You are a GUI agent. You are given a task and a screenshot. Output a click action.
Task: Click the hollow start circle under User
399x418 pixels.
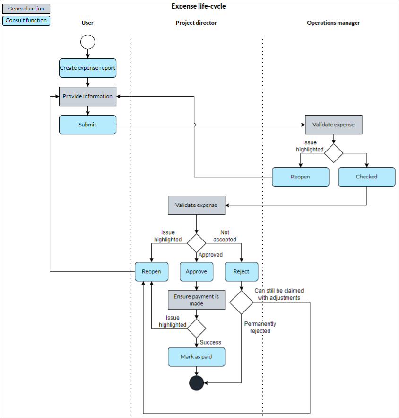point(87,42)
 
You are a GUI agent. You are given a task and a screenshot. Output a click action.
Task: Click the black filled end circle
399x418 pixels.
point(196,382)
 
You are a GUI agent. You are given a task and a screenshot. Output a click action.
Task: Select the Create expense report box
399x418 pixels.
point(87,68)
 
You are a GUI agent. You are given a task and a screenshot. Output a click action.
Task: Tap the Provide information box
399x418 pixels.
point(87,96)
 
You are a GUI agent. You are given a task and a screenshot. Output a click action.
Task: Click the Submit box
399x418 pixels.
point(87,125)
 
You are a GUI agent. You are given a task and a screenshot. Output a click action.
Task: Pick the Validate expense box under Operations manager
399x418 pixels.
point(333,125)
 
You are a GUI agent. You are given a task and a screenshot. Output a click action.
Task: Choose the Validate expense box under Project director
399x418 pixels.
point(196,205)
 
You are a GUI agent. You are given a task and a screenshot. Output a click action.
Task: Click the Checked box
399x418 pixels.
point(366,177)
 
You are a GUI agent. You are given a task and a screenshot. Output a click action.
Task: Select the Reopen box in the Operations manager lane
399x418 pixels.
point(300,177)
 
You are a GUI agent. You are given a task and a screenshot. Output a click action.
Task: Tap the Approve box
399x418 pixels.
point(196,271)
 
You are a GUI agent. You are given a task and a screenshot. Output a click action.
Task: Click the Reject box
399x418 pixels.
point(241,271)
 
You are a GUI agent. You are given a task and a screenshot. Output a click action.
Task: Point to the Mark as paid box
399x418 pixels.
point(196,356)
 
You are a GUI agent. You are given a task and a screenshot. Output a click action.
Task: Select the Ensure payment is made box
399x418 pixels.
point(196,300)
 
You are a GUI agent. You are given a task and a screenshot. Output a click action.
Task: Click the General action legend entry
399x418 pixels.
point(26,9)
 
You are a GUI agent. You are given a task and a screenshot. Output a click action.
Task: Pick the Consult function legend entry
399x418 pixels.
point(26,20)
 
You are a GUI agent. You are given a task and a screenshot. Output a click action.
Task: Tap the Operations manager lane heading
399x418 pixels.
point(333,23)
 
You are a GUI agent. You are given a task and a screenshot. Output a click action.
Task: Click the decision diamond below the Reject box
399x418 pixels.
point(241,302)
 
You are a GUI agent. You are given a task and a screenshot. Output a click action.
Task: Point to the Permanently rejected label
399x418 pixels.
point(260,327)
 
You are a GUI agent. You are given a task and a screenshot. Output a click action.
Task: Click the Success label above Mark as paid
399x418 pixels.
point(210,342)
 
